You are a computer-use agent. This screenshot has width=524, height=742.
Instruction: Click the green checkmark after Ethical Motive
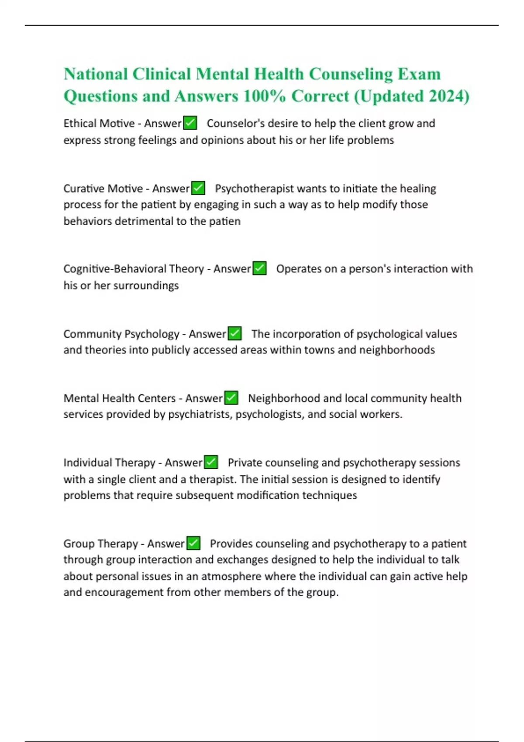coord(190,123)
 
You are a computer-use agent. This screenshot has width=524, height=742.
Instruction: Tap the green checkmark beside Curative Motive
coord(198,188)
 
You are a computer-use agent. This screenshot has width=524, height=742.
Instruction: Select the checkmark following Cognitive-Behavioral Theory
coord(260,268)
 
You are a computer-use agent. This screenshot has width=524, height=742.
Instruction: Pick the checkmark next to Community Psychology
coord(235,333)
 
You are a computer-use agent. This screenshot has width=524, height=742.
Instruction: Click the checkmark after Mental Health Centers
coord(231,398)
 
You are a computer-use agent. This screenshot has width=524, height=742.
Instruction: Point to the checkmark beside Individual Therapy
coord(211,462)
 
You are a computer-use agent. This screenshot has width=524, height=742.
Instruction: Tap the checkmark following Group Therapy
coord(193,543)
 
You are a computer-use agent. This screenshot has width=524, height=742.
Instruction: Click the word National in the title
coord(96,74)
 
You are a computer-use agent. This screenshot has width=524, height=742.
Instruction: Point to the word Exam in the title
coord(419,74)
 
